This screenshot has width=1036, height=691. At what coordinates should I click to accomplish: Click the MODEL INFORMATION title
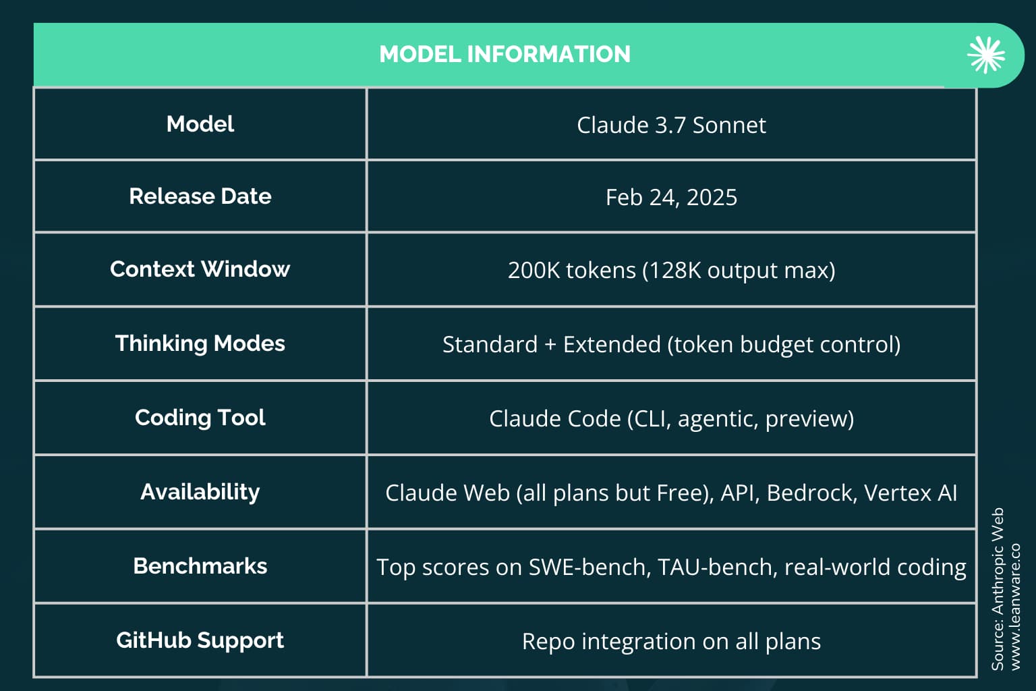coord(505,54)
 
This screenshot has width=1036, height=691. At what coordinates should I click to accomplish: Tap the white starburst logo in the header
coord(985,55)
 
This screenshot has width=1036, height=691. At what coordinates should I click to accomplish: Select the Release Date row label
coord(200,196)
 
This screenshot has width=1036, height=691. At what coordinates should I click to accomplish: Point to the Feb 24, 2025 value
coord(671,198)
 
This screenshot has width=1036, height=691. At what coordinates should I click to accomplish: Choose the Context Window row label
coord(200,269)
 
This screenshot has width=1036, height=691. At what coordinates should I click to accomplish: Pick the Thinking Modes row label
coord(200,344)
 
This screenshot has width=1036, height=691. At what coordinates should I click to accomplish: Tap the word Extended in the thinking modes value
coord(612,344)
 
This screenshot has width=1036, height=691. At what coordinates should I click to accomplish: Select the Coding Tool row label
coord(200,418)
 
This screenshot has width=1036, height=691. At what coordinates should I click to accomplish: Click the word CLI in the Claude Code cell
coord(652,419)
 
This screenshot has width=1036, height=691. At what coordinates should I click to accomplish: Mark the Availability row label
coord(200,492)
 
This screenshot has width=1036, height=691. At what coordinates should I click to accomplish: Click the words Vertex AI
coord(911,493)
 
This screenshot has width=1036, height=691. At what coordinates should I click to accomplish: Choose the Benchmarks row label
coord(200,566)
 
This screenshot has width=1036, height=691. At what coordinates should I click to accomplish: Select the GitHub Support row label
coord(200,641)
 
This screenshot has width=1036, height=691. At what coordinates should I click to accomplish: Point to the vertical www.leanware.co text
coord(1015,607)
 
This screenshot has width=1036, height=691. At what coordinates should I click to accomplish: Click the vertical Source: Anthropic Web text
coord(998,589)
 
